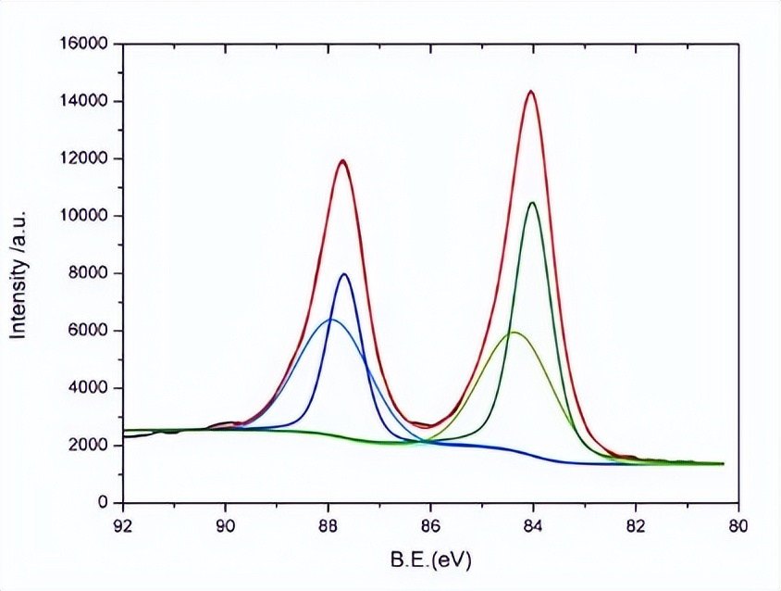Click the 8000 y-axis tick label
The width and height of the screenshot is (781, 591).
point(90,273)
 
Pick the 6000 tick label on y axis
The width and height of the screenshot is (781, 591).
point(90,331)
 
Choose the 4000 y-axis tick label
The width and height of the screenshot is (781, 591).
point(90,388)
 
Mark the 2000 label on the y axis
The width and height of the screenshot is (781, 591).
point(90,446)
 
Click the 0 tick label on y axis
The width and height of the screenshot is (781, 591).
point(105,503)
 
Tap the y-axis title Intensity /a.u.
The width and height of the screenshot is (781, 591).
point(18,273)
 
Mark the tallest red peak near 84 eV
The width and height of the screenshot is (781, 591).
point(531,91)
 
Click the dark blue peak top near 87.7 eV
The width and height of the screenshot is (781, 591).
point(344,274)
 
